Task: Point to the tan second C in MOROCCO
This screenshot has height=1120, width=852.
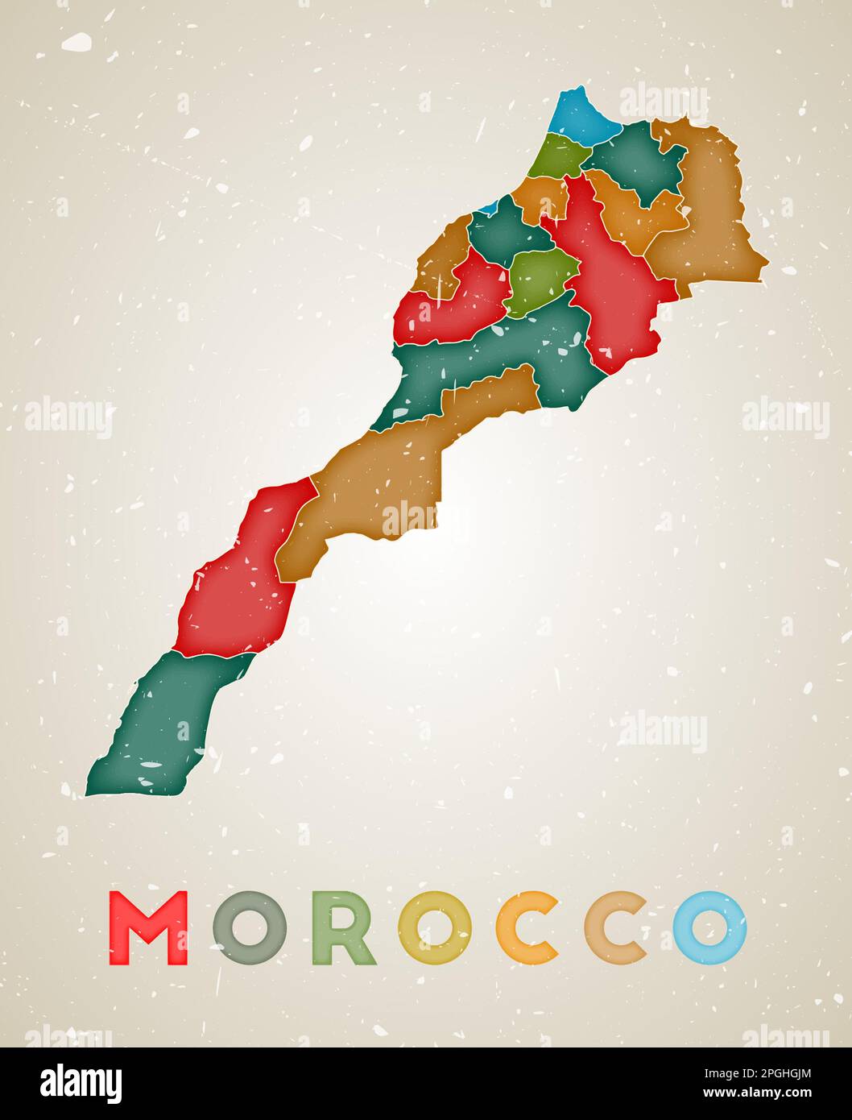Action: point(616,928)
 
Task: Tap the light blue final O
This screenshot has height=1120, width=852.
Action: point(710,928)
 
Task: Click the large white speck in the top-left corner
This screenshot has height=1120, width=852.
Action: point(77,42)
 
